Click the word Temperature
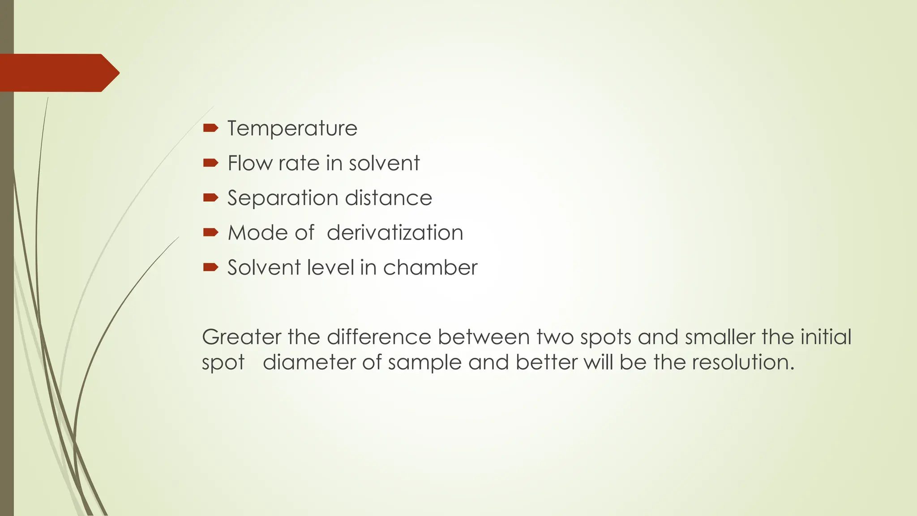292,129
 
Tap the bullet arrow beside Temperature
210,129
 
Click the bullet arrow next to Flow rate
210,163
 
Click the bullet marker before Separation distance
210,198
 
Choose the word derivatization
395,232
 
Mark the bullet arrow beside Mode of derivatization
210,232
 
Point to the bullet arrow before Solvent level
210,267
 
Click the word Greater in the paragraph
241,337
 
